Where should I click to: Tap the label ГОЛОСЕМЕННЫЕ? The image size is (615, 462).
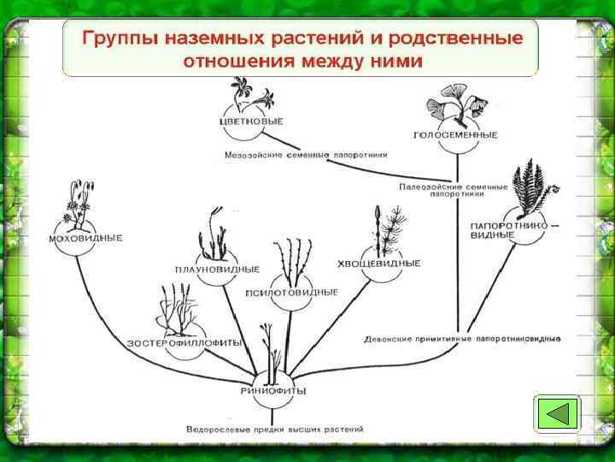pos(444,135)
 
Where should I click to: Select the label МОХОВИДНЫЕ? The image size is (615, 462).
pos(86,238)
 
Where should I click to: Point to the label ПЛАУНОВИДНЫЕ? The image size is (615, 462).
pos(217,269)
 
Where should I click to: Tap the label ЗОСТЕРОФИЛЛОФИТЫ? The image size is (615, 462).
pos(184,343)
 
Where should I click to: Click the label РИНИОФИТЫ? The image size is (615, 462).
pos(273,391)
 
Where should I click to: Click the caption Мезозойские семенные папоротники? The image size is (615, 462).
pos(307,156)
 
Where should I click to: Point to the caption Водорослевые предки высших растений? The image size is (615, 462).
pos(274,429)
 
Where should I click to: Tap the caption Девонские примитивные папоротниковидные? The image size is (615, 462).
pos(462,339)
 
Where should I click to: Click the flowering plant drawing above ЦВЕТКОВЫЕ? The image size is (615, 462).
pos(249,92)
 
